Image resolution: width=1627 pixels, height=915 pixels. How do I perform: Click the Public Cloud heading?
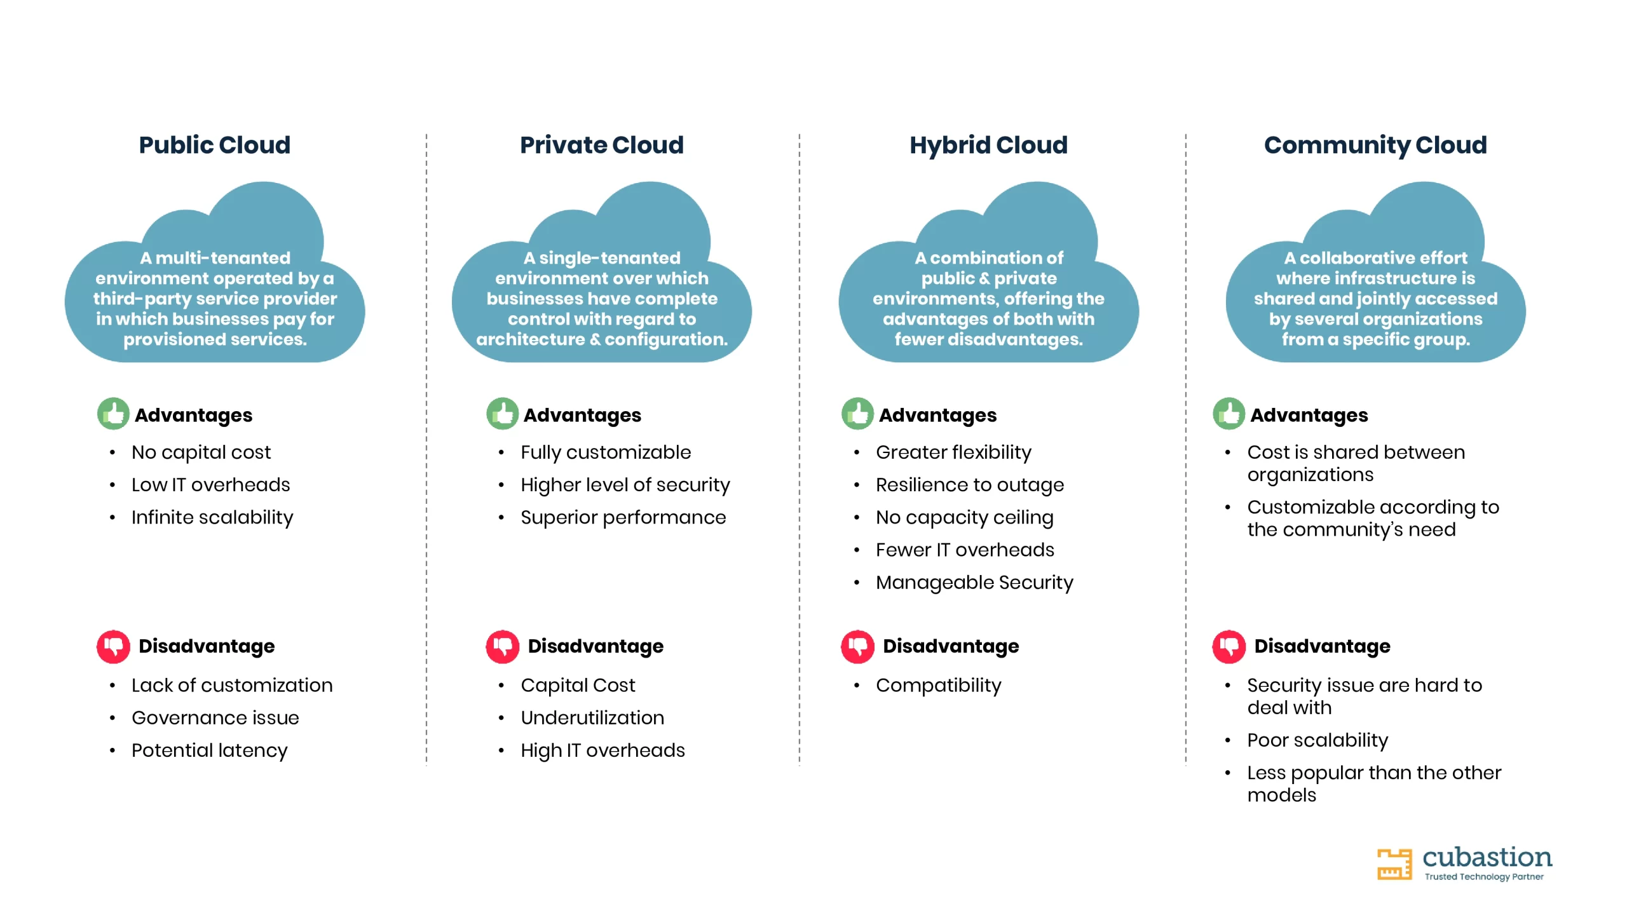[x=215, y=145]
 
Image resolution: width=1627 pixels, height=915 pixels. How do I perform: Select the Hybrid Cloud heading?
[x=988, y=146]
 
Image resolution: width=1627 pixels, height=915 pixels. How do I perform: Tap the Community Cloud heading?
[x=1375, y=146]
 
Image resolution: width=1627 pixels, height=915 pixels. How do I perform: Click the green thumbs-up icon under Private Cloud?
[x=502, y=414]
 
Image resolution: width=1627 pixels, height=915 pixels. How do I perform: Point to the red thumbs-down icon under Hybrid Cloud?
[x=857, y=646]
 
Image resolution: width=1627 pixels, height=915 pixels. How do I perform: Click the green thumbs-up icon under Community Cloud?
[x=1229, y=414]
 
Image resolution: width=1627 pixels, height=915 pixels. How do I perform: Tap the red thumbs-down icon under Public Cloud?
[x=113, y=646]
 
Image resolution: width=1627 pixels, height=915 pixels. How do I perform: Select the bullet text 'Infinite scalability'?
[x=212, y=518]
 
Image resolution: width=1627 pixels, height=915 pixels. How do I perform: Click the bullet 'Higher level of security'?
[x=625, y=485]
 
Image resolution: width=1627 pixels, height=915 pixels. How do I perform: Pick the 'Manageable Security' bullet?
[x=974, y=583]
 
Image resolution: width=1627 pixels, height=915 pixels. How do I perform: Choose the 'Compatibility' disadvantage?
[x=938, y=686]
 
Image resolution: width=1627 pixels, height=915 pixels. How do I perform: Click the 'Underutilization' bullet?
[x=592, y=717]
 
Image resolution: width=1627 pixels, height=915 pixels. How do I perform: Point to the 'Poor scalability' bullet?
[x=1317, y=740]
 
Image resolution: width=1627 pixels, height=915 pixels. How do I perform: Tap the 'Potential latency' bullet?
[x=210, y=750]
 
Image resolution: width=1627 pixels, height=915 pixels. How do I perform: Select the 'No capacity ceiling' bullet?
[x=965, y=518]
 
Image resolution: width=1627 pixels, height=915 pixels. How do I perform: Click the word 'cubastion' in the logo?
[x=1487, y=857]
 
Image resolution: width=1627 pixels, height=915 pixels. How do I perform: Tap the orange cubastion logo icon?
[x=1394, y=864]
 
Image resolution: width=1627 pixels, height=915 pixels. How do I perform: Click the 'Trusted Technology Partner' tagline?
[x=1484, y=877]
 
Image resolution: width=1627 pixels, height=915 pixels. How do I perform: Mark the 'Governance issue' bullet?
[x=215, y=718]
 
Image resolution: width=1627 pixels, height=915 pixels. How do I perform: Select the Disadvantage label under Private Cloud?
[x=596, y=646]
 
